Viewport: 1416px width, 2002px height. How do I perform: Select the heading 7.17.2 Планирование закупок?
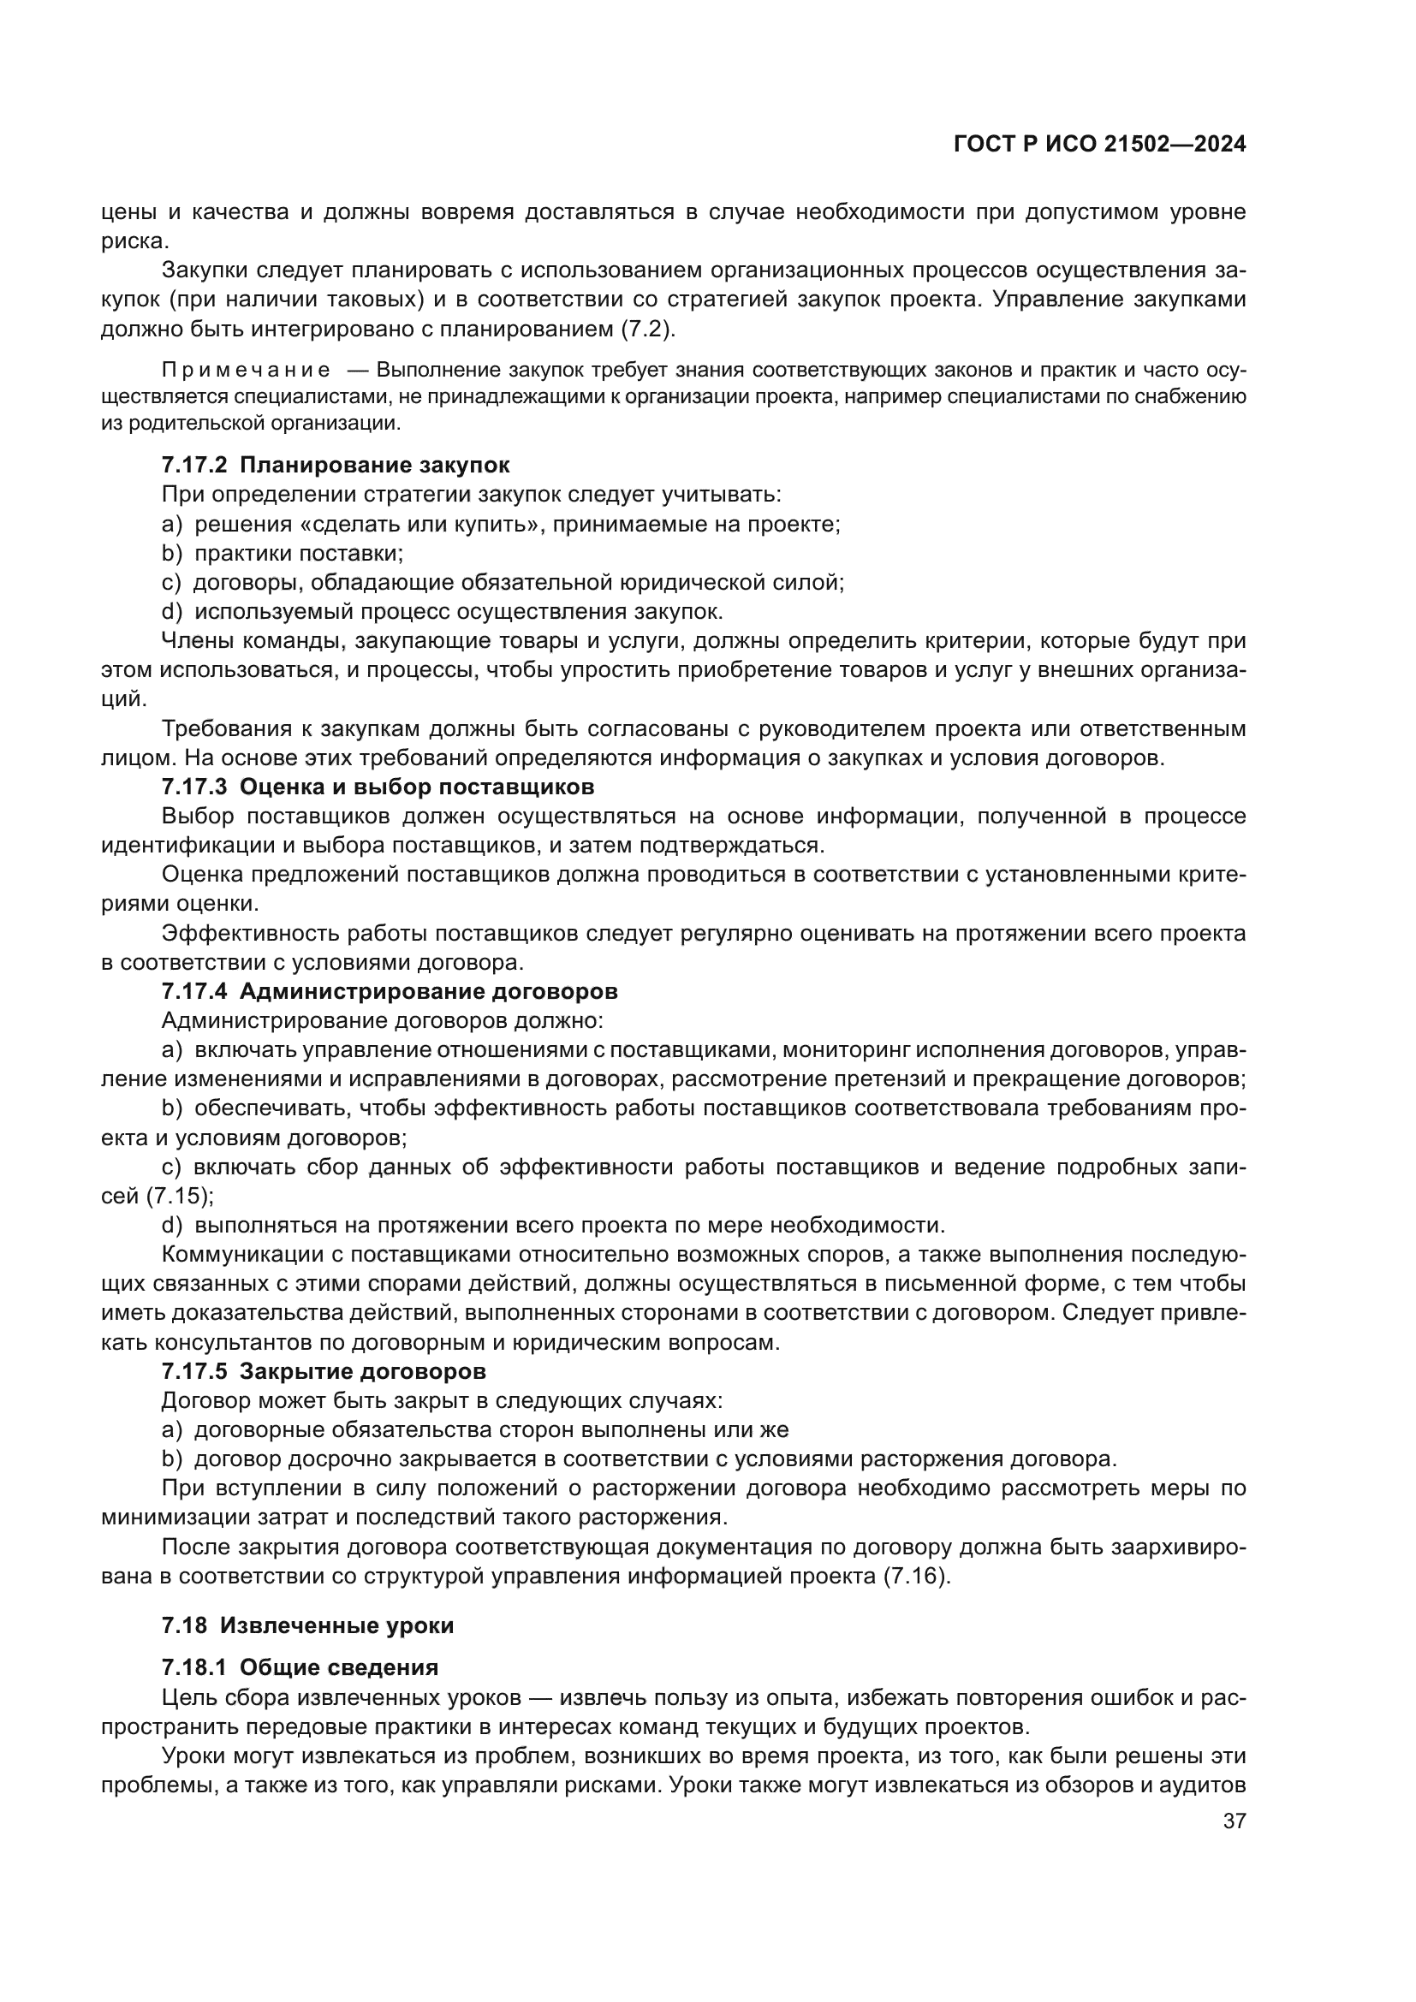[336, 465]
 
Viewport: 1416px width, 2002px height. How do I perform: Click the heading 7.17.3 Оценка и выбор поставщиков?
[378, 787]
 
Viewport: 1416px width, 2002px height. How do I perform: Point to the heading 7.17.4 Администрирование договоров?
[390, 991]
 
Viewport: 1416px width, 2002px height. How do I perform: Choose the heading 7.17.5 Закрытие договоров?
[324, 1370]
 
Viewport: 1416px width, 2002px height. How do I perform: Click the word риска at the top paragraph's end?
[134, 241]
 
